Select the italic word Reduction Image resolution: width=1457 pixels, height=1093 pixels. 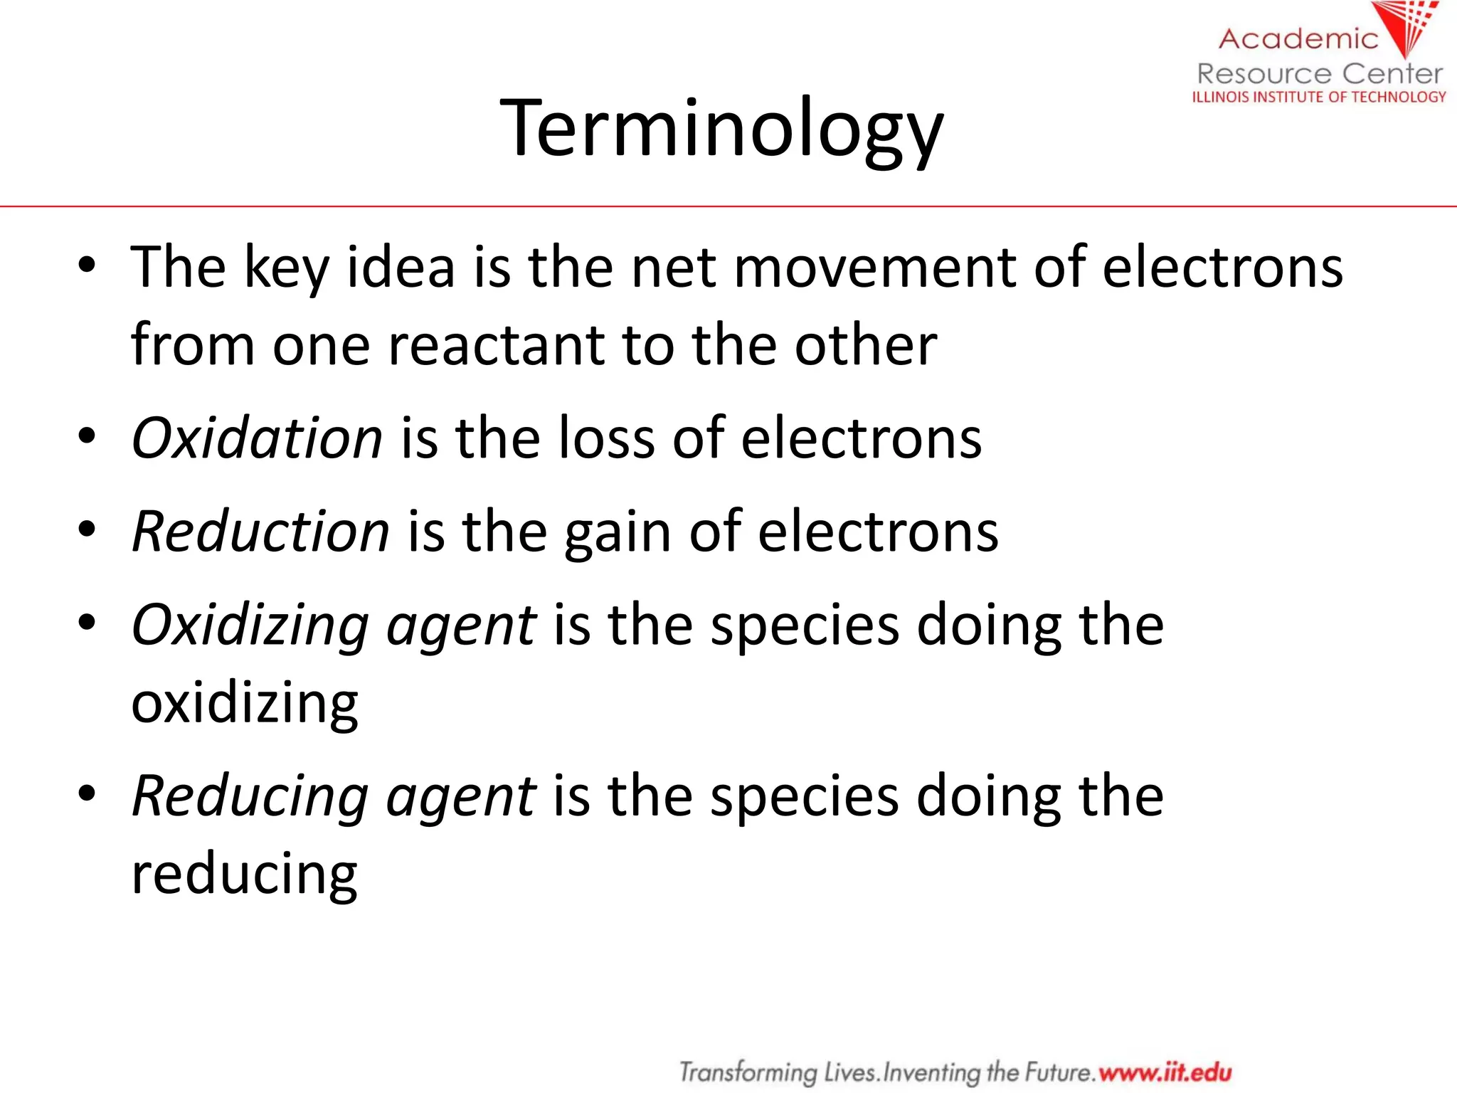pyautogui.click(x=260, y=532)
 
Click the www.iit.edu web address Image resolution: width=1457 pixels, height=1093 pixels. pyautogui.click(x=1165, y=1071)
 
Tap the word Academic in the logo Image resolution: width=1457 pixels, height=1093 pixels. pyautogui.click(x=1298, y=39)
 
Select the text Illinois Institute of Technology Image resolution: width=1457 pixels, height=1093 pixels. pyautogui.click(x=1319, y=97)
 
